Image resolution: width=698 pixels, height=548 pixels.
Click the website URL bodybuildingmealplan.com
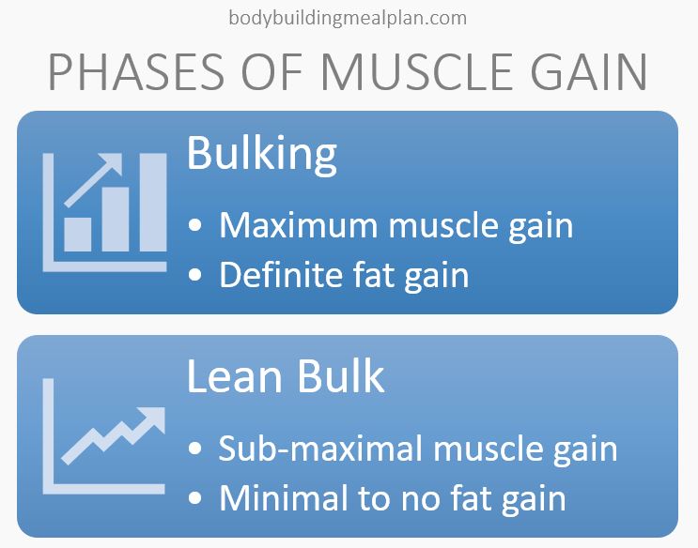348,17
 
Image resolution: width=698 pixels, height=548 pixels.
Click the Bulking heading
261,152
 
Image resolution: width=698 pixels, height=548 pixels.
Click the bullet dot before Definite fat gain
195,276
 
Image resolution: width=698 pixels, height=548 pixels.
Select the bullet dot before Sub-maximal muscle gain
195,449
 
